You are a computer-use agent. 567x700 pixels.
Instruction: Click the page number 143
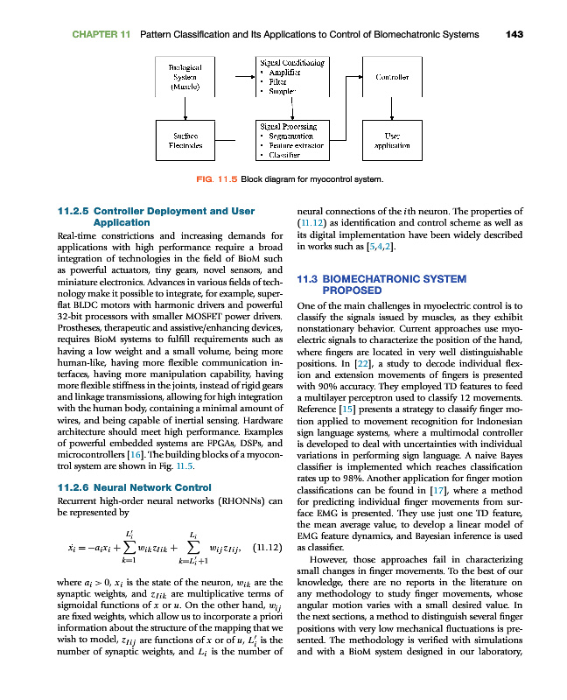(x=514, y=34)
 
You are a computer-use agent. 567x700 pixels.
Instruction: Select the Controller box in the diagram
(x=392, y=76)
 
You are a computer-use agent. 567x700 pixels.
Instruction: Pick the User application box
(x=392, y=140)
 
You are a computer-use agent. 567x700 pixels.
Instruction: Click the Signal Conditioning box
(x=291, y=76)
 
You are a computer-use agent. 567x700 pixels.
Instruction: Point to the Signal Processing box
(x=291, y=140)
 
